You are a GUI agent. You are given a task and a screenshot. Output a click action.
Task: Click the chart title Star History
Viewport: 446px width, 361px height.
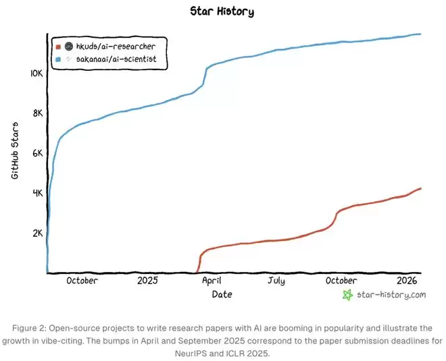pos(222,11)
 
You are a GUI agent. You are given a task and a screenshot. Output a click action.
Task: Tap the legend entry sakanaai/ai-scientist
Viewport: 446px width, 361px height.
pos(120,59)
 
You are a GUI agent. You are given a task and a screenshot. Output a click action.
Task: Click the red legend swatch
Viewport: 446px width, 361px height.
pos(59,47)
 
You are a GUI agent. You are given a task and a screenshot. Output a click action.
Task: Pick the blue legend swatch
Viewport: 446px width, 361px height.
pos(59,59)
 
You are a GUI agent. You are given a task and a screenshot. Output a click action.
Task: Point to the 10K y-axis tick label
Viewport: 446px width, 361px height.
pos(36,73)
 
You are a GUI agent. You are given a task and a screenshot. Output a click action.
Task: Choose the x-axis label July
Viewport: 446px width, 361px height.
pos(276,280)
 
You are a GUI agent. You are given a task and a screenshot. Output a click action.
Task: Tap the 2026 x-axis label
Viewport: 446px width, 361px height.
pos(407,280)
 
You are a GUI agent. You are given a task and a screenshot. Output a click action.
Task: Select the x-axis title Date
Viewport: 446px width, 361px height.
pos(222,294)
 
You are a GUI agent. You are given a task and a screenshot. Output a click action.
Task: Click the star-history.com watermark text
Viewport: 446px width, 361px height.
pos(391,295)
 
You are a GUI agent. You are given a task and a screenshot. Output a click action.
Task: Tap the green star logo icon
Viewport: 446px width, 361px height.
pos(348,295)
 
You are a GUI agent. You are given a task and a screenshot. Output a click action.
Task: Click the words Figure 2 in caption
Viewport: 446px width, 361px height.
pos(30,327)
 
